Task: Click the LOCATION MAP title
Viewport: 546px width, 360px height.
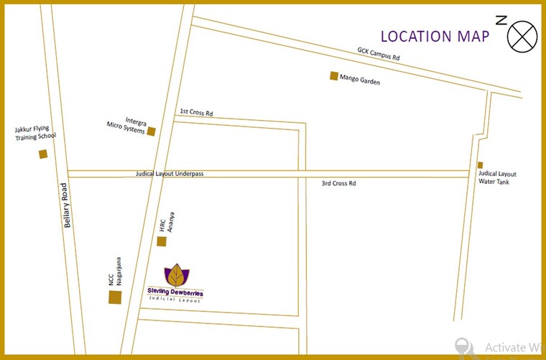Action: pos(435,36)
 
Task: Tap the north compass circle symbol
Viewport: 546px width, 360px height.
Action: pos(522,35)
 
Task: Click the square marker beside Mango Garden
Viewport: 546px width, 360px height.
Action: pos(334,75)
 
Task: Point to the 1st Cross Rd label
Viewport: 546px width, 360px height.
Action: pos(196,112)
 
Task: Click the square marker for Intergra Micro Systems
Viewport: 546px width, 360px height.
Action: pos(151,131)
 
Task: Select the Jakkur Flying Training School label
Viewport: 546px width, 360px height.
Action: pos(35,133)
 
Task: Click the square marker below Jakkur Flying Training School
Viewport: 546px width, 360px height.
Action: pos(43,154)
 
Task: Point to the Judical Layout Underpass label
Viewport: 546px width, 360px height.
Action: pos(170,174)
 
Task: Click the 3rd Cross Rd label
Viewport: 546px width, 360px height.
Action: pos(339,184)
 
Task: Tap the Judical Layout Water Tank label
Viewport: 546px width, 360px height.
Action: pos(497,177)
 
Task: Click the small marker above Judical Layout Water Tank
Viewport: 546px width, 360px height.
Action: pos(480,165)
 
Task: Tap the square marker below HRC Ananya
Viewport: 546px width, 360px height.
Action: pos(162,241)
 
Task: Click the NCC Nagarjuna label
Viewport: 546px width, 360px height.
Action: pos(116,272)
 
